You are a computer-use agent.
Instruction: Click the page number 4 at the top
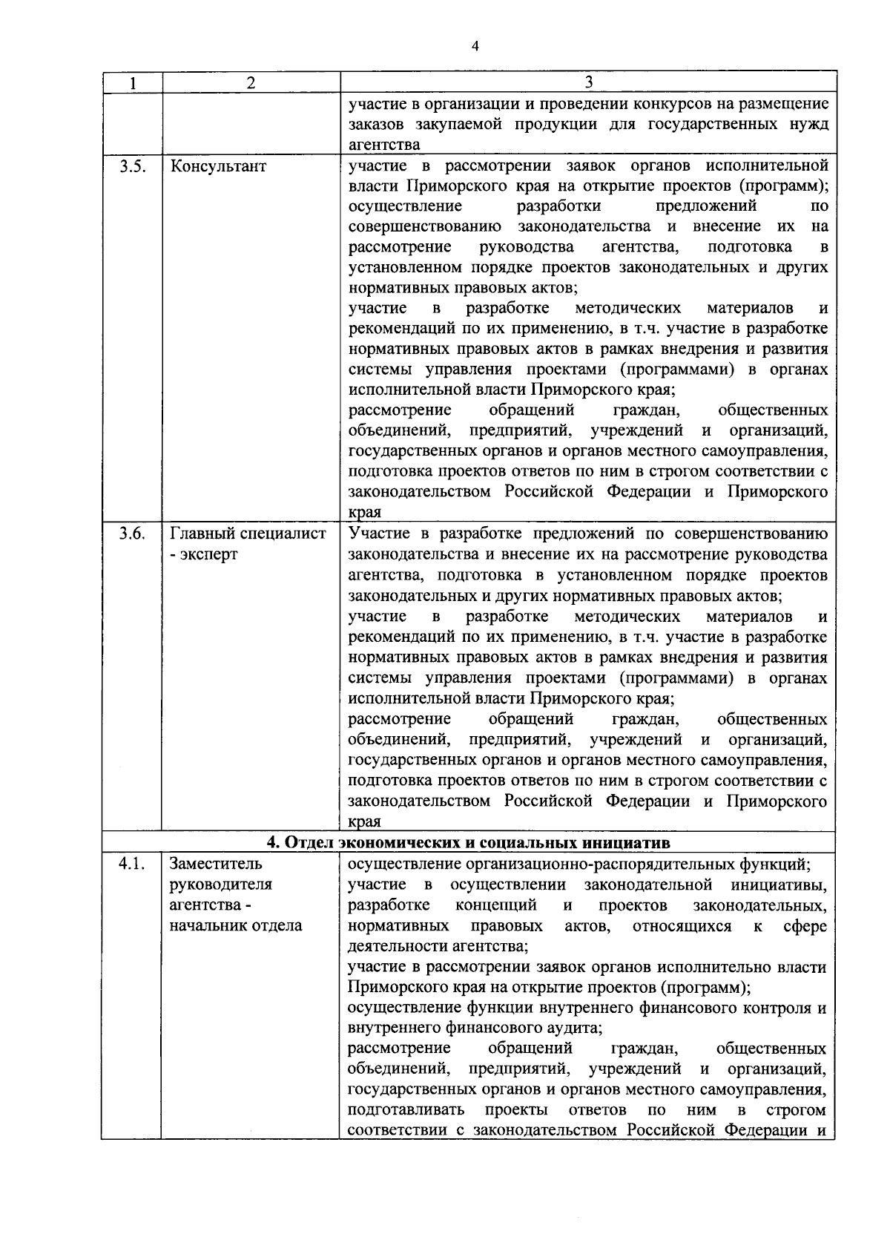pos(475,47)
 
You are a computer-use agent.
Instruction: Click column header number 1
pos(131,83)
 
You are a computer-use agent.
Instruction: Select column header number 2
pos(251,83)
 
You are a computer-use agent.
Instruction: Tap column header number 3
pos(588,82)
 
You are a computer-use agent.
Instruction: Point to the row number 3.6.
pos(131,534)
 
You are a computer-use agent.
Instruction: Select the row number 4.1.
pos(131,864)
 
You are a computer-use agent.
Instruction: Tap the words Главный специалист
pos(248,534)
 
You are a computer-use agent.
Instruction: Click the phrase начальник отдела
pos(236,925)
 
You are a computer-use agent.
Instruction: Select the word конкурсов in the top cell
pos(619,103)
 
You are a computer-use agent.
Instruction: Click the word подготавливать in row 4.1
pos(406,1110)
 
